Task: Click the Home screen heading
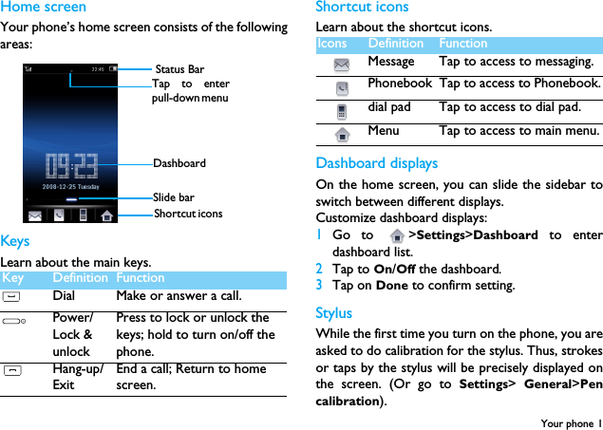pyautogui.click(x=43, y=8)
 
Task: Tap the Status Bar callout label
pyautogui.click(x=179, y=69)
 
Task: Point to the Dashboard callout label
pyautogui.click(x=179, y=163)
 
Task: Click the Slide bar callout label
pyautogui.click(x=174, y=197)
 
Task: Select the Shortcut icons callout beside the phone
pyautogui.click(x=188, y=214)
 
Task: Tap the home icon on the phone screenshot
pyautogui.click(x=107, y=215)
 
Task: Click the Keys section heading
pyautogui.click(x=15, y=242)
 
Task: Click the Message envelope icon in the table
pyautogui.click(x=341, y=63)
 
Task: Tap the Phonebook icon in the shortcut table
pyautogui.click(x=341, y=87)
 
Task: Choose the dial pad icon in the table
pyautogui.click(x=341, y=111)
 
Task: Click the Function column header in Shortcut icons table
pyautogui.click(x=462, y=44)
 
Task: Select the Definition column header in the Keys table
pyautogui.click(x=80, y=278)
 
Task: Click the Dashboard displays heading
pyautogui.click(x=376, y=163)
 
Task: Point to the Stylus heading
pyautogui.click(x=333, y=313)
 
